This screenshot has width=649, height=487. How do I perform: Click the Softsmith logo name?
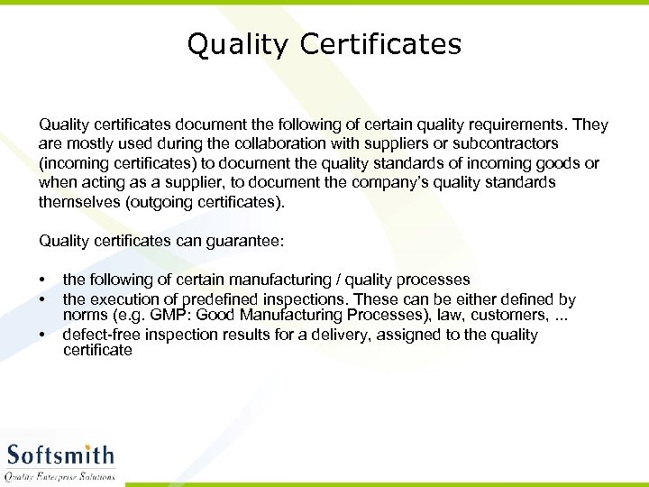point(60,455)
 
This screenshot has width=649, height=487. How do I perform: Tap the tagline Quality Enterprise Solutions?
point(60,476)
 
